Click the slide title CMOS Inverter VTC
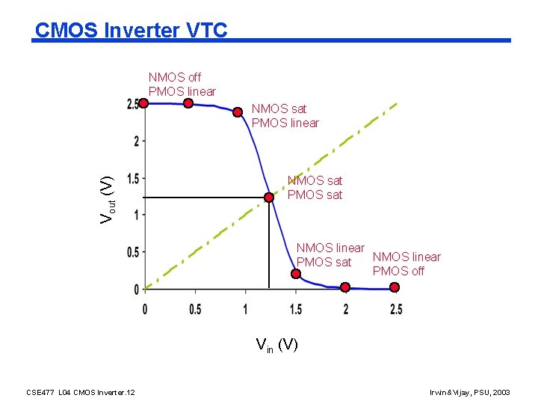(x=131, y=31)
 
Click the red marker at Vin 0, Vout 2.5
(x=143, y=103)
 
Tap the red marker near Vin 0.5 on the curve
(x=189, y=104)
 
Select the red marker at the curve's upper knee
(x=238, y=112)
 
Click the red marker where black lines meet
(x=269, y=198)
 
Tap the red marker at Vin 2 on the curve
(x=345, y=287)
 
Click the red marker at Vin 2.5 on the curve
(x=395, y=288)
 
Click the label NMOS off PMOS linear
(x=182, y=84)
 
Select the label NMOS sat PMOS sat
(x=315, y=188)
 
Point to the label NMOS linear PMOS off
(x=406, y=264)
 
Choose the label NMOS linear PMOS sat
(x=330, y=254)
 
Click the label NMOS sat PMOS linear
(x=285, y=116)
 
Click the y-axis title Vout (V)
(x=108, y=198)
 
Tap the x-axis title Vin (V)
(x=276, y=345)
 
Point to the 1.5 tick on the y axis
(x=134, y=178)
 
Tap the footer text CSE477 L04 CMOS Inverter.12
(x=81, y=391)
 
